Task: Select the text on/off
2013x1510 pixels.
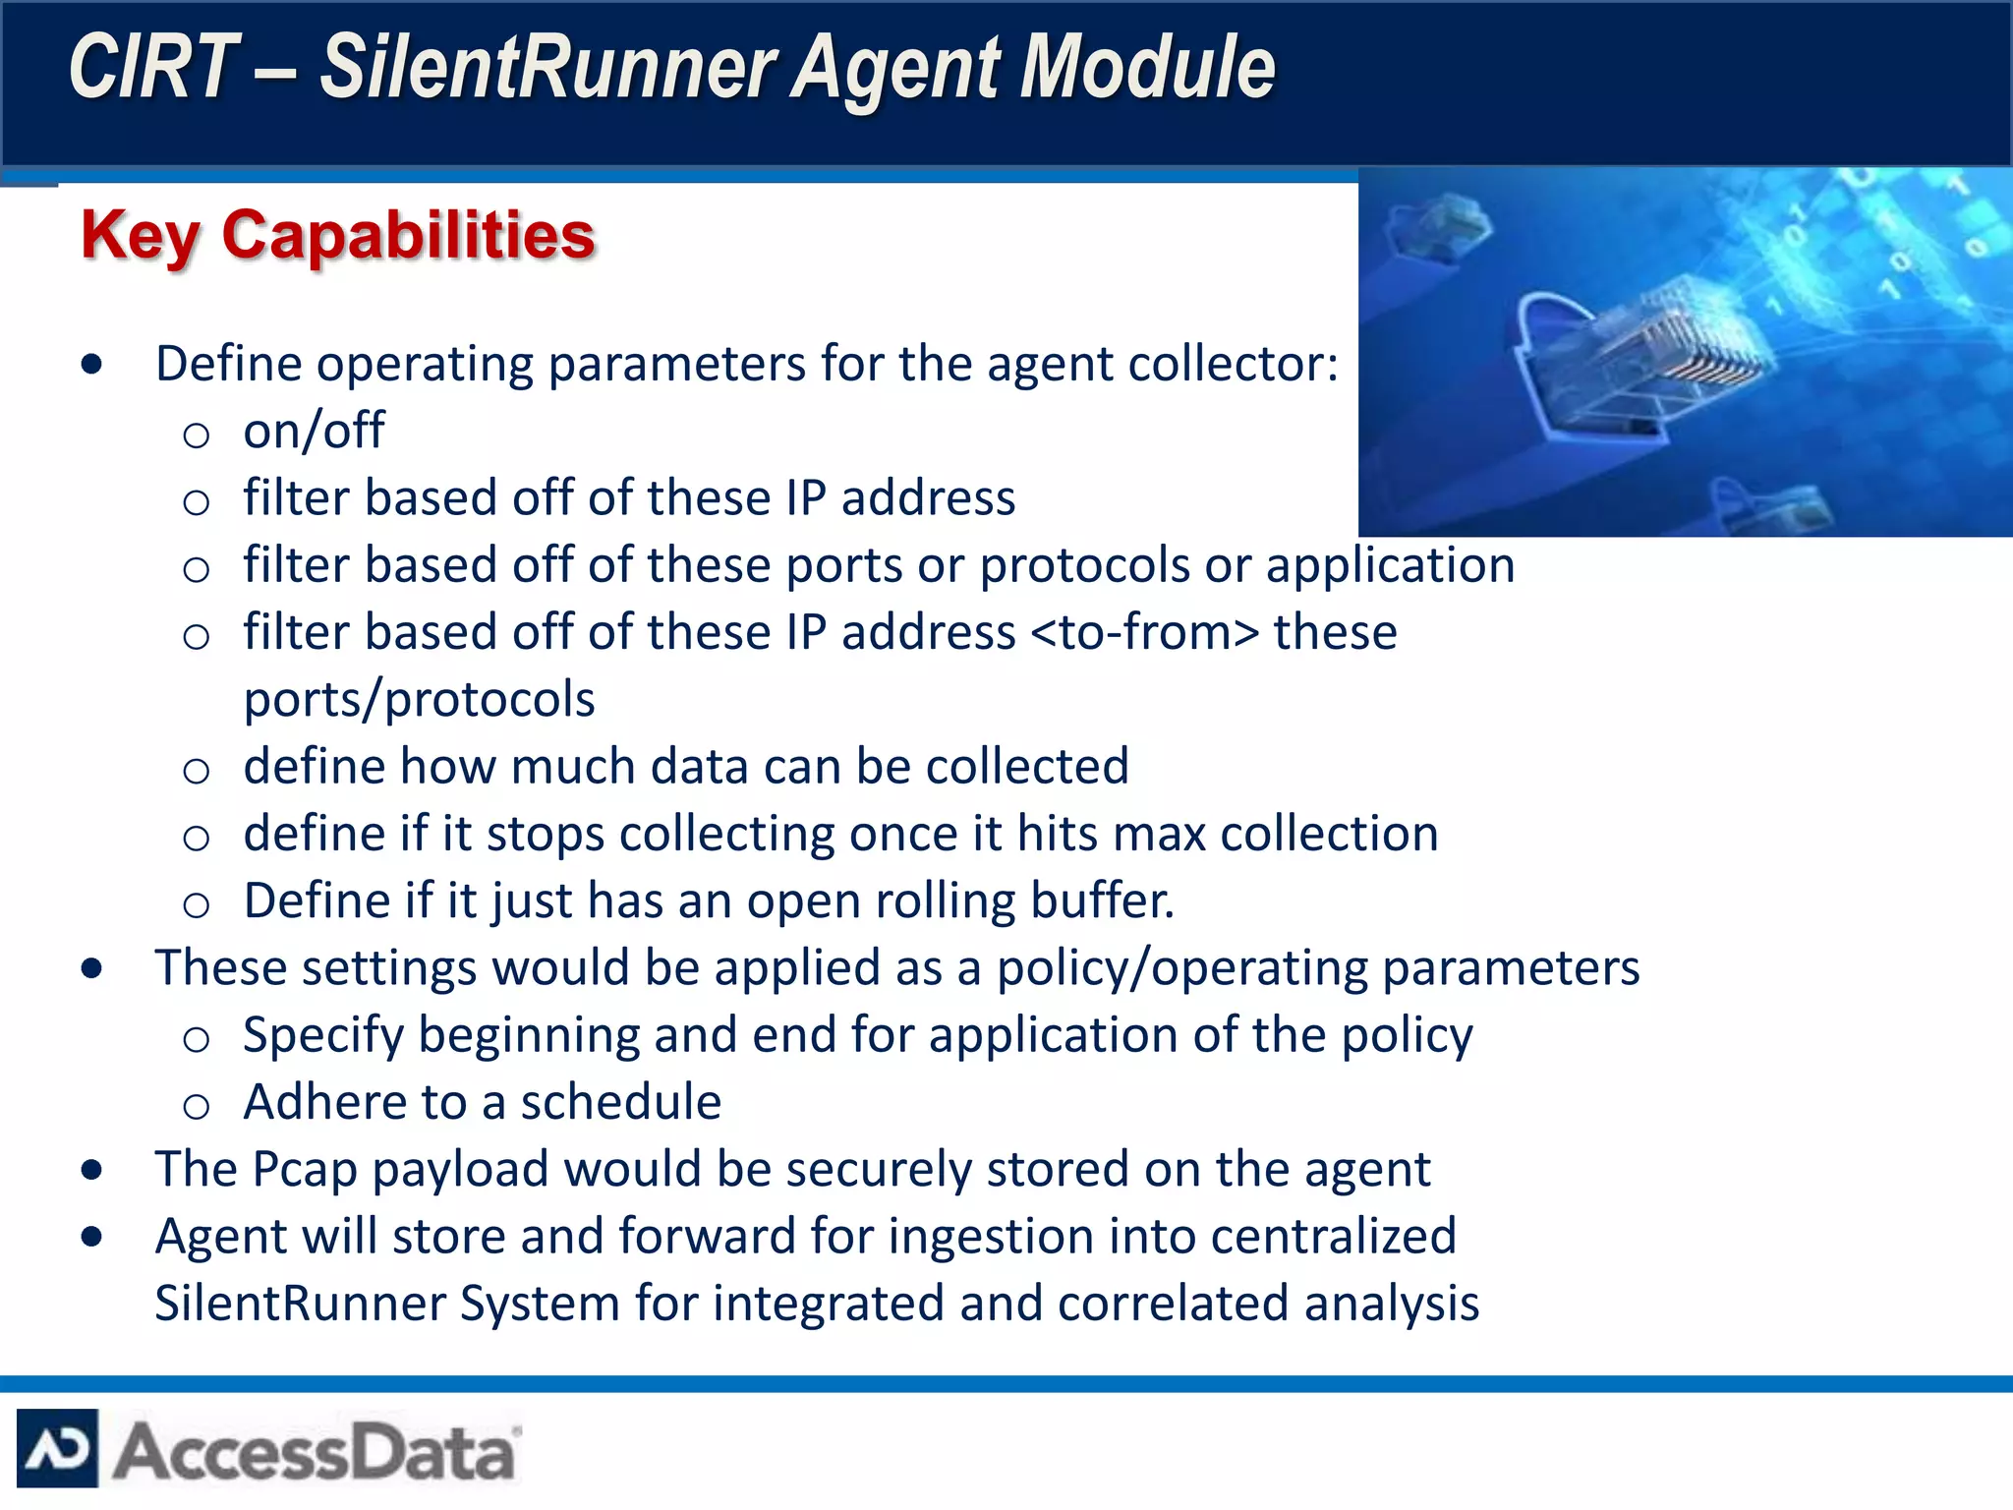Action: pyautogui.click(x=314, y=431)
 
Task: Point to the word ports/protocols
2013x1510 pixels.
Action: pyautogui.click(x=419, y=700)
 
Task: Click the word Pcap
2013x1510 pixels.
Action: pyautogui.click(x=305, y=1169)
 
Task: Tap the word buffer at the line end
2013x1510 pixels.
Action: pyautogui.click(x=1102, y=900)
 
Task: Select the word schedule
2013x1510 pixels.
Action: pyautogui.click(x=621, y=1102)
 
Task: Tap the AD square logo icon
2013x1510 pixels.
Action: pyautogui.click(x=58, y=1448)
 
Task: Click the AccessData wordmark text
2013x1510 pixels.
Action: pyautogui.click(x=315, y=1451)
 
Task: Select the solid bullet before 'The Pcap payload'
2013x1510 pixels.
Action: pyautogui.click(x=92, y=1170)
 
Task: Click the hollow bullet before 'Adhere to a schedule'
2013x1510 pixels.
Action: pyautogui.click(x=197, y=1106)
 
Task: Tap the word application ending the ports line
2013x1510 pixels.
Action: pyautogui.click(x=1390, y=565)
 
